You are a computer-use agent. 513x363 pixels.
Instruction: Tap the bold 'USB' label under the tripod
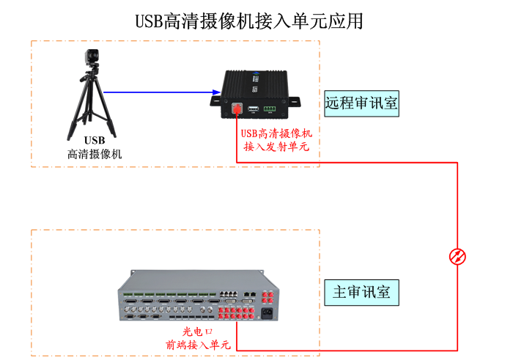click(95, 140)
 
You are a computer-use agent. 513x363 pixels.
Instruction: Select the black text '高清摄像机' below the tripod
click(95, 155)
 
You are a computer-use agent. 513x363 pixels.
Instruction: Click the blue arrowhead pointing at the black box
click(217, 92)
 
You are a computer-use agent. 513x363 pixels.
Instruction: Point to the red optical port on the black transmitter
click(237, 109)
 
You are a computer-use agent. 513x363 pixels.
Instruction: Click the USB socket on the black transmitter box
click(252, 109)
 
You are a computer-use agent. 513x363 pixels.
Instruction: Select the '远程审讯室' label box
click(362, 103)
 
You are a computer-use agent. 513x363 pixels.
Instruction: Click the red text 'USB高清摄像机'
click(276, 133)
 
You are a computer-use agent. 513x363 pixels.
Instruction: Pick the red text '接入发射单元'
click(276, 147)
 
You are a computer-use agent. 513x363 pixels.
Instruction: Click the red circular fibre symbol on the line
click(457, 257)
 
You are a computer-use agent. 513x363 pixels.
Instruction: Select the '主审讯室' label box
click(362, 293)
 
